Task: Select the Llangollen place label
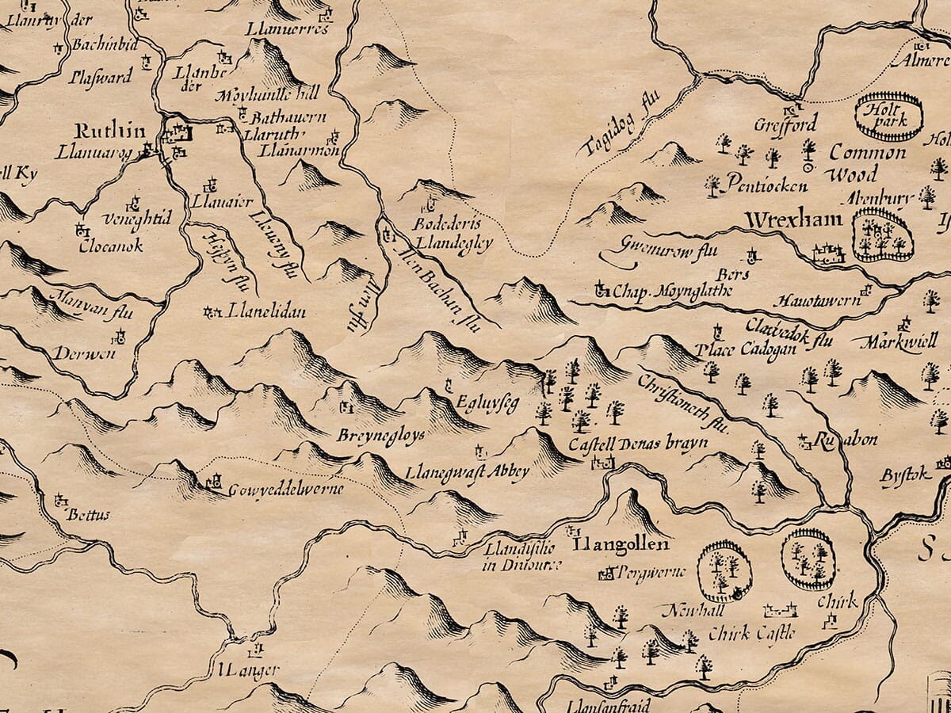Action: point(621,545)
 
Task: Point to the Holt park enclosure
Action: point(888,116)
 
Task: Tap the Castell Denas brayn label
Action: point(638,444)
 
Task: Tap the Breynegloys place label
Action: point(369,436)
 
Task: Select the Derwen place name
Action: point(78,352)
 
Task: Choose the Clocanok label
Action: point(111,246)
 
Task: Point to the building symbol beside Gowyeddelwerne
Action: point(213,481)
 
